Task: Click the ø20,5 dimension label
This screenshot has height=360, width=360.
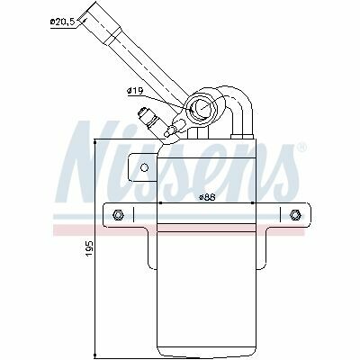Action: [62, 22]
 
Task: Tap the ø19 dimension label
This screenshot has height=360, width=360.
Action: [136, 90]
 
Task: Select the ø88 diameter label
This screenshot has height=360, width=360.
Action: [206, 197]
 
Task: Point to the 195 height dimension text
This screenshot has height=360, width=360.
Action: [90, 247]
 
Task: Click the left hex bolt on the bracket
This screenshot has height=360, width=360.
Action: [118, 215]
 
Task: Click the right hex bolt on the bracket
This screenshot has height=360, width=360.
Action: [295, 215]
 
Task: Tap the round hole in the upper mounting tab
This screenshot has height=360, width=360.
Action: [145, 167]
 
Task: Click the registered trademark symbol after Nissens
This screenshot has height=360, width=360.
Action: [302, 148]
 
